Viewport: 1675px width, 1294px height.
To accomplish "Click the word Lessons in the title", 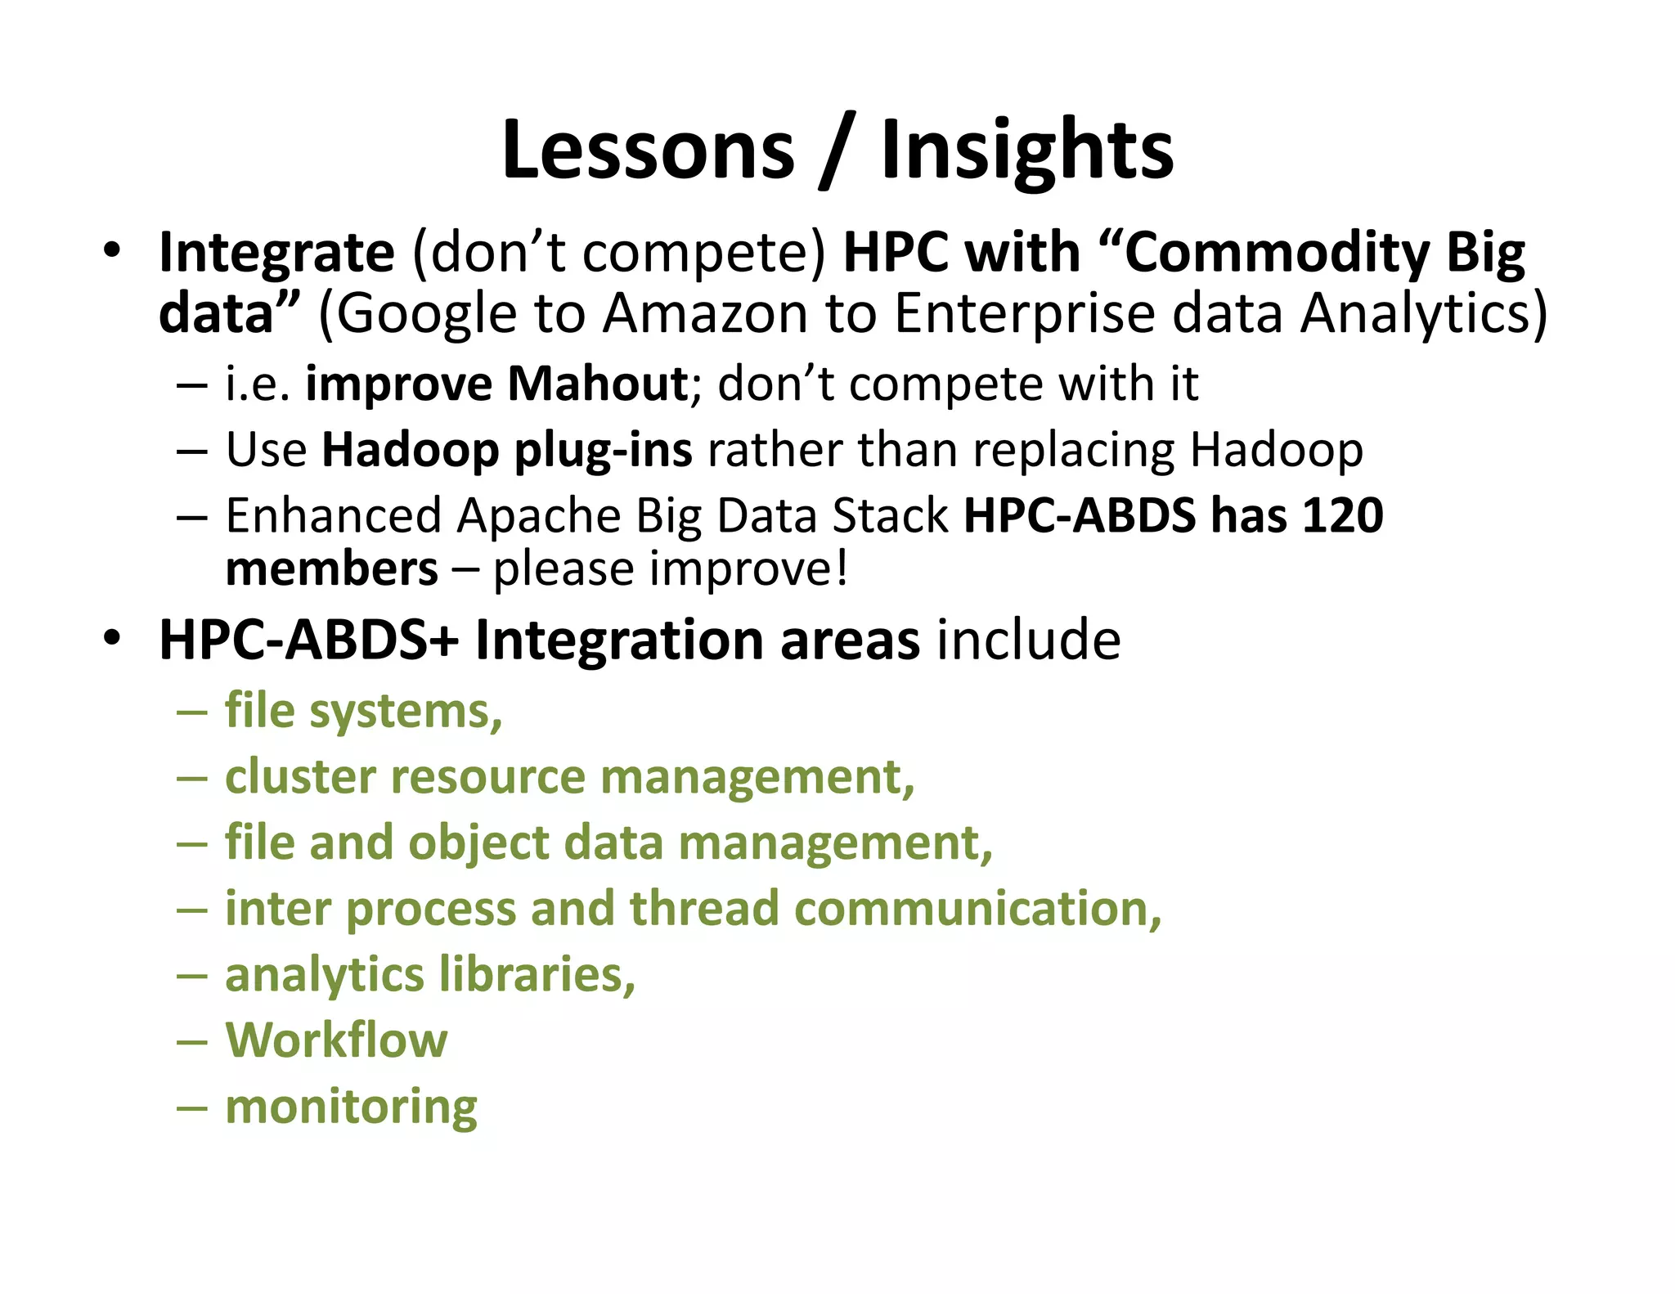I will click(648, 150).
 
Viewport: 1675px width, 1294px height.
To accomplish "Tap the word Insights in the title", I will click(1027, 150).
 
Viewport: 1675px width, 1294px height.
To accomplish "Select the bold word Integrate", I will click(276, 253).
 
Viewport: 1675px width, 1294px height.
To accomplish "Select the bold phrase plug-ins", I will click(603, 451).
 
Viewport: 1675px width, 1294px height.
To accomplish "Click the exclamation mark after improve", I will click(842, 568).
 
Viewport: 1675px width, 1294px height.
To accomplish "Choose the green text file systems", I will click(363, 711).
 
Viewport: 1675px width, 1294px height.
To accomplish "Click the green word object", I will click(478, 843).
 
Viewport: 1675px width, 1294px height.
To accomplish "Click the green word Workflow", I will click(336, 1040).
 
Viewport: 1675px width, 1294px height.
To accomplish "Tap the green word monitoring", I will click(351, 1107).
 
